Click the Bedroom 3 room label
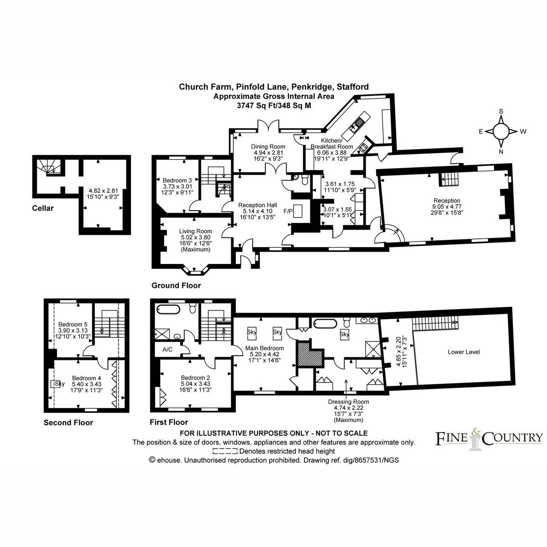click(177, 180)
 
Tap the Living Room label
click(195, 231)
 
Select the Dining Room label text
click(268, 146)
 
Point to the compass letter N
click(501, 152)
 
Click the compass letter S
click(501, 111)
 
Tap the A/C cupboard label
click(167, 350)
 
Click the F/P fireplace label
click(288, 211)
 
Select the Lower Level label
click(464, 352)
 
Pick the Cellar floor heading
click(43, 208)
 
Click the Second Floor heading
click(68, 423)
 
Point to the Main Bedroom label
click(264, 348)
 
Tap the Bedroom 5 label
click(73, 324)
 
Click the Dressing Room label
click(348, 402)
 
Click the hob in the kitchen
click(363, 147)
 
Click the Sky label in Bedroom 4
click(60, 384)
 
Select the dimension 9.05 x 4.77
click(447, 206)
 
